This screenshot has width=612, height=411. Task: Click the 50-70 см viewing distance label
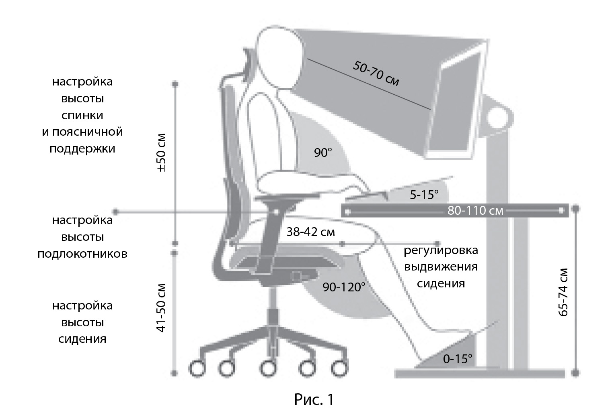coord(376,73)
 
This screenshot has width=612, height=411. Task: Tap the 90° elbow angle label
coord(323,153)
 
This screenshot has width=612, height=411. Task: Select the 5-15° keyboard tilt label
coord(424,195)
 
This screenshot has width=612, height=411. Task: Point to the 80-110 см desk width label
coord(475,211)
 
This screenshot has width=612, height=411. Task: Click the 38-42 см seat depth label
coord(310,232)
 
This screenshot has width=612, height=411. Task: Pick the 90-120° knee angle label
coord(344,287)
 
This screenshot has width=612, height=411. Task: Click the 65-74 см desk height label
coord(563,292)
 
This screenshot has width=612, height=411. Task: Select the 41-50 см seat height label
coord(161,308)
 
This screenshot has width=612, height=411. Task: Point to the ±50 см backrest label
coord(161,153)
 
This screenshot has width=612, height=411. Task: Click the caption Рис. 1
coord(314,400)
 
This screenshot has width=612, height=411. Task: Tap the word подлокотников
coord(82,254)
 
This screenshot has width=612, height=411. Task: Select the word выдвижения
coord(441,267)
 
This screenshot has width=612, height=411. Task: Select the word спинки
coord(82,115)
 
